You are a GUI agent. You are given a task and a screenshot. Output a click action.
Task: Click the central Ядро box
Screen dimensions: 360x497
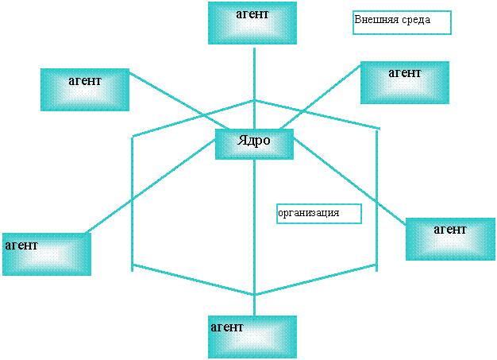tap(254, 144)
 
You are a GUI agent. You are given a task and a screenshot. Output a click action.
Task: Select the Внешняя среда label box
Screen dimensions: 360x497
tap(402, 21)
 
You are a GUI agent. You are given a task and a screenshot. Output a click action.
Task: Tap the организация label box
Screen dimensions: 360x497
tap(318, 214)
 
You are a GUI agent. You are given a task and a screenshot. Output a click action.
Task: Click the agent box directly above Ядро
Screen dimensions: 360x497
tap(252, 22)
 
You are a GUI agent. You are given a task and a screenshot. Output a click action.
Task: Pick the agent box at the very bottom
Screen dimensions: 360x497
tap(252, 336)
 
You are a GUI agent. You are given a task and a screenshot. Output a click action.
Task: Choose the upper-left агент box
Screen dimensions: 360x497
tap(85, 89)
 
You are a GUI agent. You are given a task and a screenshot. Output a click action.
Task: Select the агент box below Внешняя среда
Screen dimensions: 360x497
tap(404, 82)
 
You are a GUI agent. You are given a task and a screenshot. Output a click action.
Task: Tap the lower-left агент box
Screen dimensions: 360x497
tap(46, 254)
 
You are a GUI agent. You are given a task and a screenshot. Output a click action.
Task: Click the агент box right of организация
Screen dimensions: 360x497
tap(450, 238)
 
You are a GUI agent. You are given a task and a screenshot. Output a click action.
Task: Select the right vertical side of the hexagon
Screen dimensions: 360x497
tap(376, 199)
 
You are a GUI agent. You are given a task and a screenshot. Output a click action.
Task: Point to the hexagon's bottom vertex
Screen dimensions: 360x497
tap(254, 295)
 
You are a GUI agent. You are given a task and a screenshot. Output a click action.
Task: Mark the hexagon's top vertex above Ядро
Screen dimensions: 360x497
tap(254, 100)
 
